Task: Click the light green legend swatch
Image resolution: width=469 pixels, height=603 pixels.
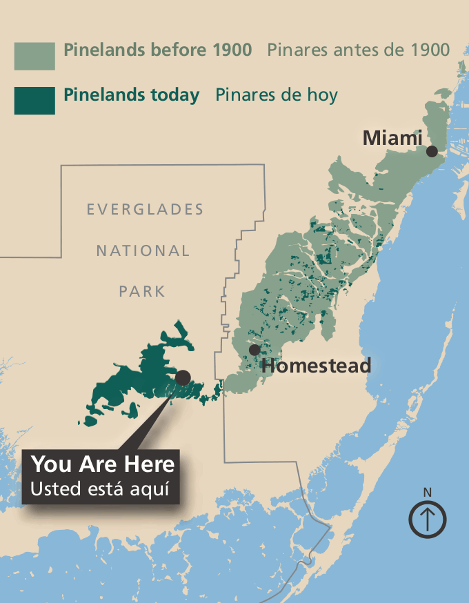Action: click(x=34, y=56)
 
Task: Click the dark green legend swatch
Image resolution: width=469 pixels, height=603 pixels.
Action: click(x=34, y=100)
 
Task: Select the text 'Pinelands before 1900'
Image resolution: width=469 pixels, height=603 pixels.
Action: click(x=157, y=50)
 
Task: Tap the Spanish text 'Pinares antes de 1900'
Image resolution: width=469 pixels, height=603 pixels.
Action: click(x=358, y=50)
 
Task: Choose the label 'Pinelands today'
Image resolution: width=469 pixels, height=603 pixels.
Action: click(x=131, y=95)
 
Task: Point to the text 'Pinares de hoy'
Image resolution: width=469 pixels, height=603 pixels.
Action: click(x=276, y=95)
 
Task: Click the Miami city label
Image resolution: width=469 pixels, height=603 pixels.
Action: click(x=392, y=138)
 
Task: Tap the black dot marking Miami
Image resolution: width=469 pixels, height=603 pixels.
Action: click(x=432, y=151)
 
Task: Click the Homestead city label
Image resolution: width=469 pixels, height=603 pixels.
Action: click(x=316, y=365)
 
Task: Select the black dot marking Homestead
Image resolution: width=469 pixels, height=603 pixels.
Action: click(x=255, y=350)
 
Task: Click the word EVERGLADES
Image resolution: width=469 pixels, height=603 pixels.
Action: click(x=145, y=209)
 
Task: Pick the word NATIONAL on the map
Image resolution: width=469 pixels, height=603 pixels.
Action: click(x=143, y=250)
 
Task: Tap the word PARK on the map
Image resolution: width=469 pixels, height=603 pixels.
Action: click(x=142, y=291)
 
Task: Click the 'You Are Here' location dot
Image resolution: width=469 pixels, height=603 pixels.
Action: click(x=183, y=377)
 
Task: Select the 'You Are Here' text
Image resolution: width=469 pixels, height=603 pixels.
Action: click(x=103, y=464)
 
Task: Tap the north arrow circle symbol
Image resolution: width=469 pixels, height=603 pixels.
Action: click(x=428, y=519)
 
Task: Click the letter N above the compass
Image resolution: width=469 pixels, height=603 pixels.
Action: click(x=428, y=492)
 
